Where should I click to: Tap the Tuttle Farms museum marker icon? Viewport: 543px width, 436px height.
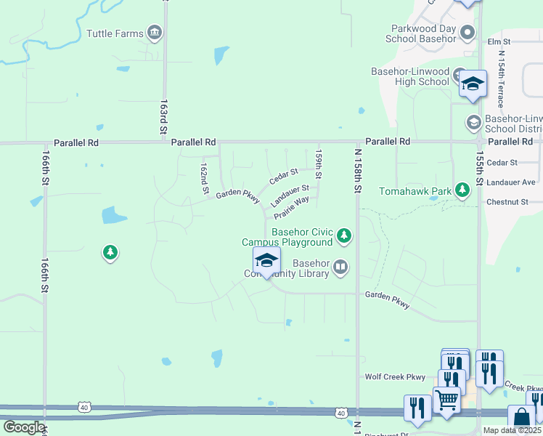tap(154, 33)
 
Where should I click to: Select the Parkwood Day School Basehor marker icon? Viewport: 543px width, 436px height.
tap(467, 32)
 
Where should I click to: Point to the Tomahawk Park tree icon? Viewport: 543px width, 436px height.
tap(462, 191)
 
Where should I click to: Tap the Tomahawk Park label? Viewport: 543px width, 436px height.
tap(415, 191)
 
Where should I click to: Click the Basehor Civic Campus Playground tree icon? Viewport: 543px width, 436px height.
tap(344, 235)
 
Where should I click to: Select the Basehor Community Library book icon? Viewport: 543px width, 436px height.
tap(340, 268)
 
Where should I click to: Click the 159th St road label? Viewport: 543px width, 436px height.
tap(318, 164)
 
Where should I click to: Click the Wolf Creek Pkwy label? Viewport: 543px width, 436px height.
tap(394, 377)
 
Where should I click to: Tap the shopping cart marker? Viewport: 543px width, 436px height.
tap(446, 400)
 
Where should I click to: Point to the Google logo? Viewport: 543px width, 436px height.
tap(24, 427)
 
